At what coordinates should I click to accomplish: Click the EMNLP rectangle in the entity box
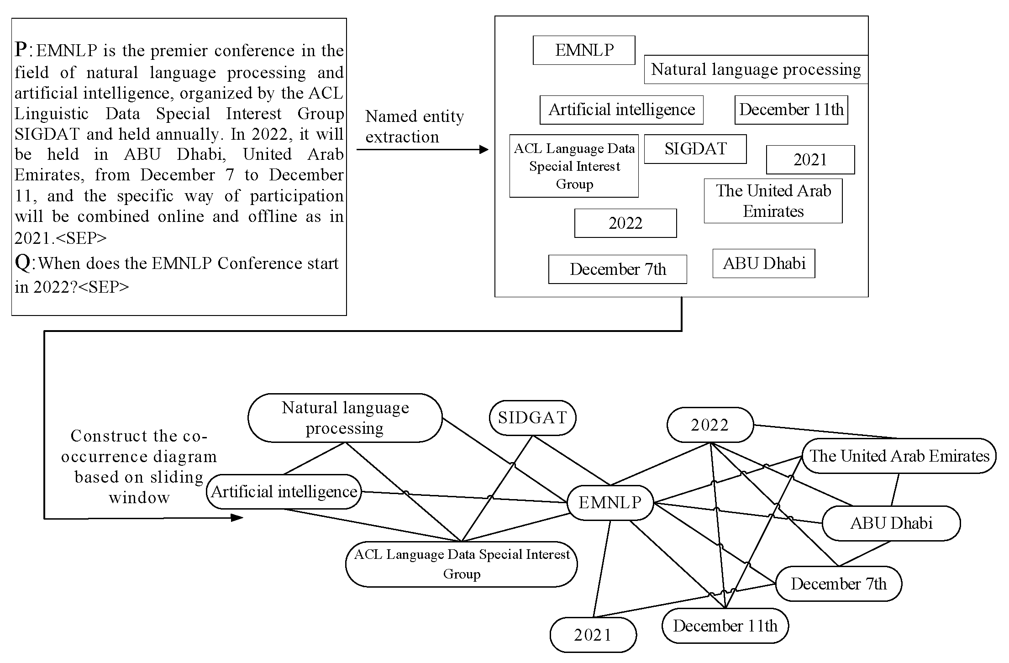pos(583,50)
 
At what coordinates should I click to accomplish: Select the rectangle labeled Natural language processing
pos(756,69)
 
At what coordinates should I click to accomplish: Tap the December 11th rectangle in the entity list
pos(791,110)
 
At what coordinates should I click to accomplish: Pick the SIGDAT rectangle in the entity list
pos(695,149)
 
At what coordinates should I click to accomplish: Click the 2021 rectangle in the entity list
pos(810,160)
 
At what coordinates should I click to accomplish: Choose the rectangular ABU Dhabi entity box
pos(763,263)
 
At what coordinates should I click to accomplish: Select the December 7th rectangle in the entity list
pos(617,269)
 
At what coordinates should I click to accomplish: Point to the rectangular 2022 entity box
pos(625,223)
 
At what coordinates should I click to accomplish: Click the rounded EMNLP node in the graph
pos(610,503)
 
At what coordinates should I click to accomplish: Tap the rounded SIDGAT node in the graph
pos(532,418)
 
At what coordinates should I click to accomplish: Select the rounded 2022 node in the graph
pos(709,425)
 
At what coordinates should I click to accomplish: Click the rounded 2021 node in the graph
pos(593,635)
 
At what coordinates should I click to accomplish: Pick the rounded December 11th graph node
pos(725,626)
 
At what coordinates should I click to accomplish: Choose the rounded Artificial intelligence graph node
pos(284,492)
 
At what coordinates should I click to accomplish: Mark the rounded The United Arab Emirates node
pos(899,456)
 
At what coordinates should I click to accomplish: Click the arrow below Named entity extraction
pos(422,149)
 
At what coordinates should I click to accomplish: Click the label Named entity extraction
pos(414,126)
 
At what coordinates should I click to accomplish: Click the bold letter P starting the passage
pos(21,49)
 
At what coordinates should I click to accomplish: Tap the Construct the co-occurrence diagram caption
pos(139,466)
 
